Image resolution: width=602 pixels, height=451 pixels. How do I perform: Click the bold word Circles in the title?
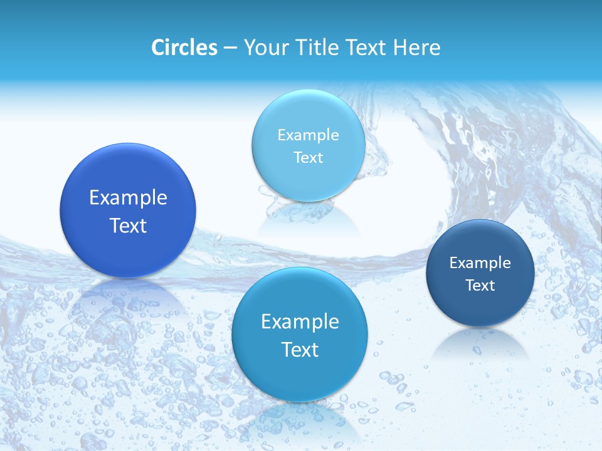click(184, 48)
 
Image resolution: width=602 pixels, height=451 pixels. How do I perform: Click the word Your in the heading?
click(264, 48)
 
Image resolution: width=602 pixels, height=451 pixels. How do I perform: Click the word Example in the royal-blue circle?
click(128, 198)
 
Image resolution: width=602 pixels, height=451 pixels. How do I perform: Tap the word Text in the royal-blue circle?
click(128, 225)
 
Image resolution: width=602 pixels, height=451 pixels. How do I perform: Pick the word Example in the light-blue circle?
click(308, 135)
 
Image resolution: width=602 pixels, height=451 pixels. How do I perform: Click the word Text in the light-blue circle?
click(308, 157)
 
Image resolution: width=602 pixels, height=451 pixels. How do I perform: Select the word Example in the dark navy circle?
click(480, 263)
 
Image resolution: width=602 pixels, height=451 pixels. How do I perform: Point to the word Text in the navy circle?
click(480, 286)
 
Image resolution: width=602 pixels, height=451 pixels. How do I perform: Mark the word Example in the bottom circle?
click(300, 322)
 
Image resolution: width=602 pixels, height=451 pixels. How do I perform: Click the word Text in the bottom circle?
click(300, 350)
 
